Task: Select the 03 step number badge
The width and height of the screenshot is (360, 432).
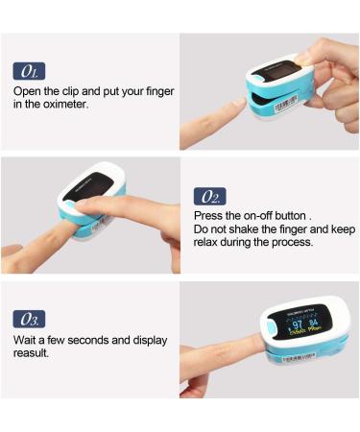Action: [29, 320]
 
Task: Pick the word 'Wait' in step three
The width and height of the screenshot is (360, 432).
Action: [26, 340]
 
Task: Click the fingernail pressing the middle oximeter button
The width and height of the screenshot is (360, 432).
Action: [82, 205]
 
